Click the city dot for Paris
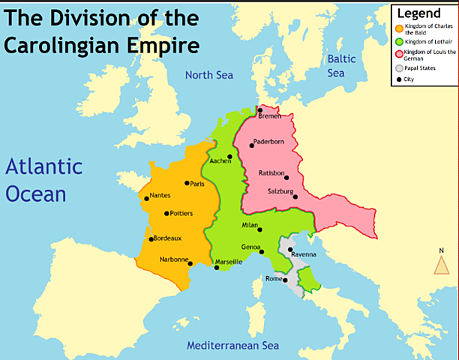pos(187,183)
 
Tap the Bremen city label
pos(271,116)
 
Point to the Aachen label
pos(220,160)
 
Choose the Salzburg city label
pos(280,192)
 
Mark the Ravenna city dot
pos(289,250)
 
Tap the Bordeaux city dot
pos(152,239)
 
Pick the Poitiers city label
pos(181,214)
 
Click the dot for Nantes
pos(145,199)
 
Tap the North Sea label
pos(209,75)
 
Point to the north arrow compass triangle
pos(442,265)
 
